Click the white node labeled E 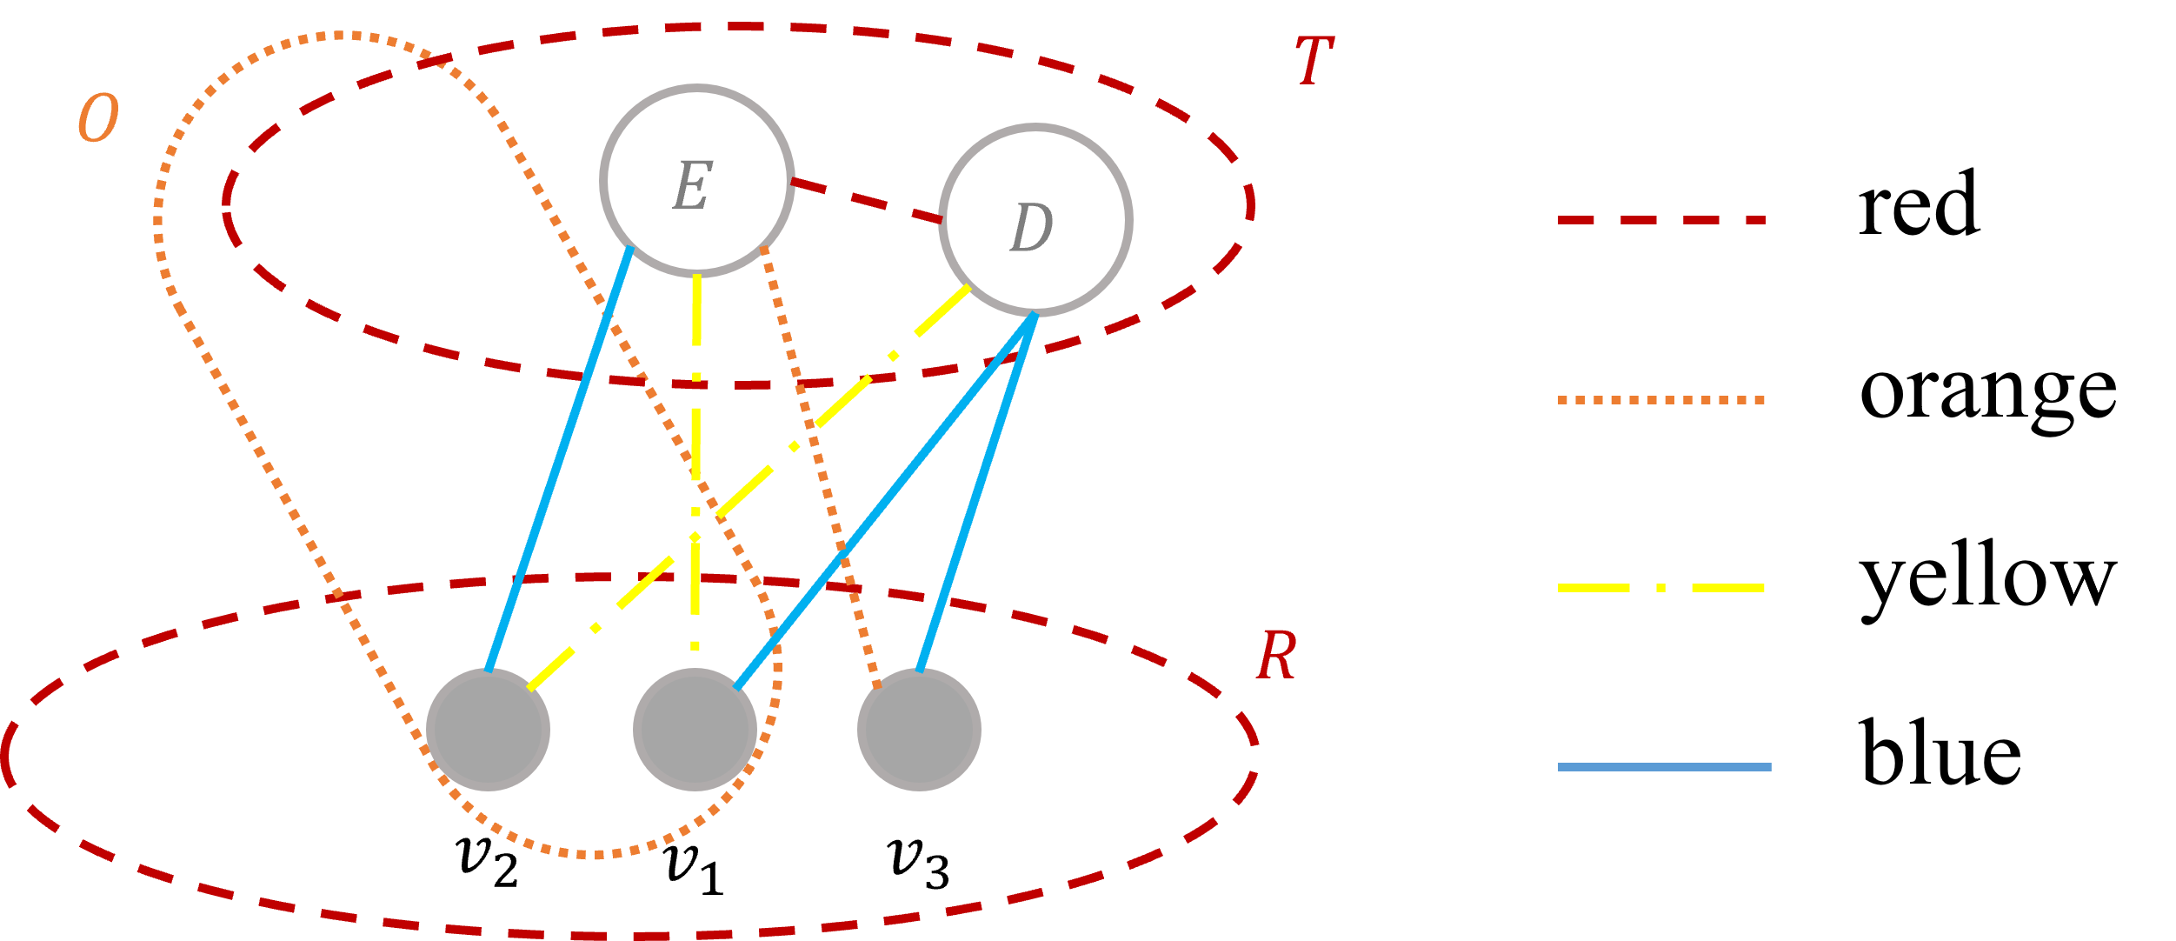(x=696, y=181)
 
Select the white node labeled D (x=1035, y=220)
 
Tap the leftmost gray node (x=488, y=729)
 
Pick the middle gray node (x=695, y=729)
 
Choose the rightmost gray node (x=919, y=729)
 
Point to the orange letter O (x=98, y=118)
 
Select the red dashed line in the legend (x=1661, y=220)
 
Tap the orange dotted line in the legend (x=1661, y=400)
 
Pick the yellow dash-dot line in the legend (x=1661, y=588)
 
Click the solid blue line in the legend (x=1664, y=767)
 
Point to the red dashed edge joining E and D (x=866, y=201)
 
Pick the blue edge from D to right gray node (x=977, y=491)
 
